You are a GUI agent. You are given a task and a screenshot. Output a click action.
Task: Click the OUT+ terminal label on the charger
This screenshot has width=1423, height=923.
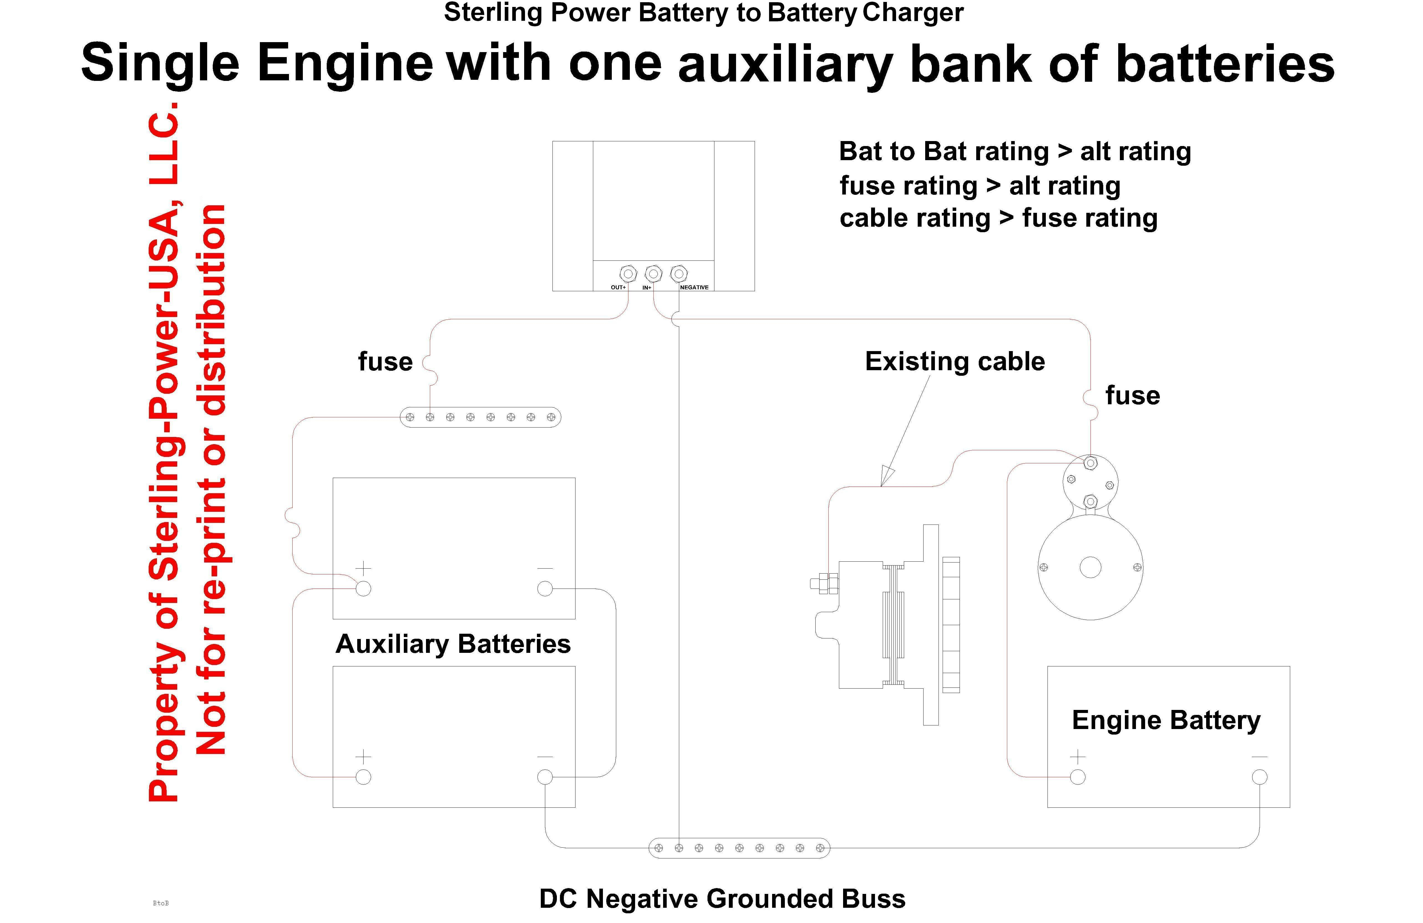618,287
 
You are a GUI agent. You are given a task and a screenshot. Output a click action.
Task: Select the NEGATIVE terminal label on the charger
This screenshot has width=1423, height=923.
694,287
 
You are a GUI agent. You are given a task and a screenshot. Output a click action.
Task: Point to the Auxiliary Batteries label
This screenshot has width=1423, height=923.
453,644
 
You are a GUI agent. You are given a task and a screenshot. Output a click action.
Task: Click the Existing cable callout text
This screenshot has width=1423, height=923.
955,361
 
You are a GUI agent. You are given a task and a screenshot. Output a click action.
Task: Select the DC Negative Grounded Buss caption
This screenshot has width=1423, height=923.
722,899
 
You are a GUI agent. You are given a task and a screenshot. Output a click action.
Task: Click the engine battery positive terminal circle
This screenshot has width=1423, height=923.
1077,777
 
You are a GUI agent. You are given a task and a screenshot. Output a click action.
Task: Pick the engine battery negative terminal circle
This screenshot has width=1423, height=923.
1259,777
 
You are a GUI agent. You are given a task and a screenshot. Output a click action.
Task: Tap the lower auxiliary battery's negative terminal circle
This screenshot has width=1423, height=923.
545,777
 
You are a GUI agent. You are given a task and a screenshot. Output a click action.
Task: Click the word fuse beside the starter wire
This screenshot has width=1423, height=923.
1132,395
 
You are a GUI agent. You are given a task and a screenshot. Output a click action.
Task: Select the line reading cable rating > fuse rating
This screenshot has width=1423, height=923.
998,218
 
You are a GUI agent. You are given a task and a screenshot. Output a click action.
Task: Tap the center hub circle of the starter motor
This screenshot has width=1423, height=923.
1090,567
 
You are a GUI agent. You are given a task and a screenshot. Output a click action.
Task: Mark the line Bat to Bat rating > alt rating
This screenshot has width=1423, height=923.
1015,152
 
